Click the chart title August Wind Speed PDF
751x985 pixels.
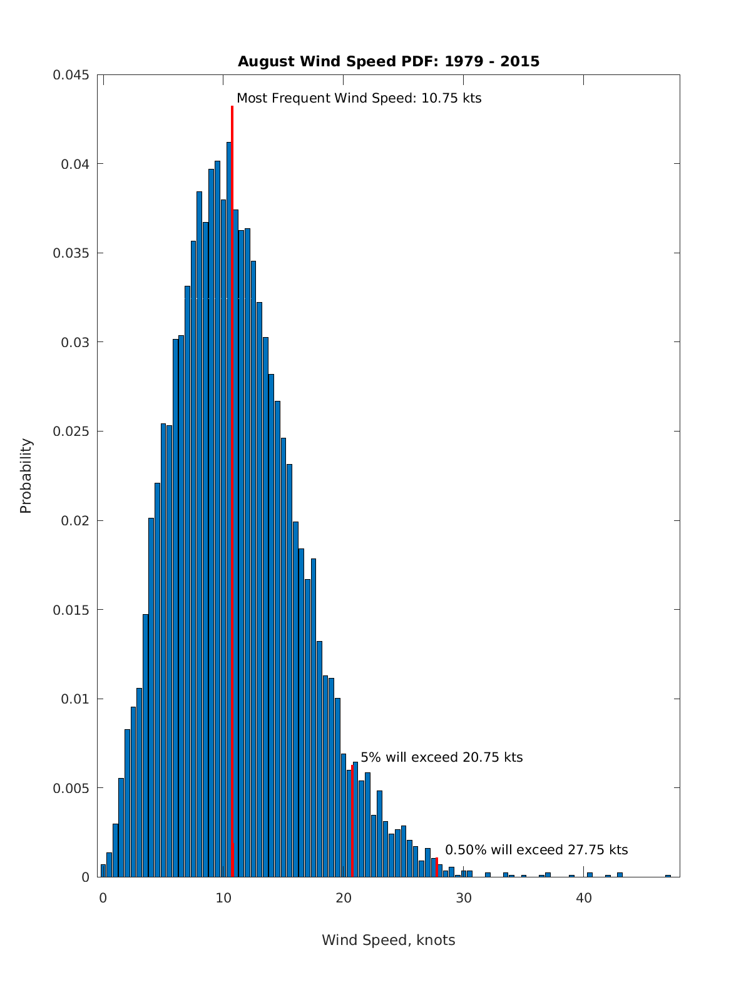point(388,61)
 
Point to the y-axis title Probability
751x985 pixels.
point(26,475)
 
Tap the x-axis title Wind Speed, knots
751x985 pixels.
point(388,940)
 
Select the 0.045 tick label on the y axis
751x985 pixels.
point(71,75)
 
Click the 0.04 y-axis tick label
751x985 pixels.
point(75,164)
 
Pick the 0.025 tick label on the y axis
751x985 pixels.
point(71,432)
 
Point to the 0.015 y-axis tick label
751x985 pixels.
point(71,610)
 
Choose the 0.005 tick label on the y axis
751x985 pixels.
point(71,788)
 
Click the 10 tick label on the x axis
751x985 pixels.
point(223,898)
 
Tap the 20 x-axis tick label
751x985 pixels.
point(344,898)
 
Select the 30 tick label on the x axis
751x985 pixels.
point(464,898)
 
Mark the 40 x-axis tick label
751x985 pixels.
point(584,898)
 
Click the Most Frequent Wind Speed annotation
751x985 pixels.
point(359,98)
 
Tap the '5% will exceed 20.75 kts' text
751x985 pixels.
point(441,757)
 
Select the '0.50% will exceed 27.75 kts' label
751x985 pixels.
point(536,850)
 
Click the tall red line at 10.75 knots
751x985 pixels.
point(232,438)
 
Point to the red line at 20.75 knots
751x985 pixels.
point(353,826)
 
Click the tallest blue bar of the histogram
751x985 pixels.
point(229,500)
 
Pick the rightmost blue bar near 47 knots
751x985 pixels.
point(668,876)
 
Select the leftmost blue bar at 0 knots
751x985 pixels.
point(103,871)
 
